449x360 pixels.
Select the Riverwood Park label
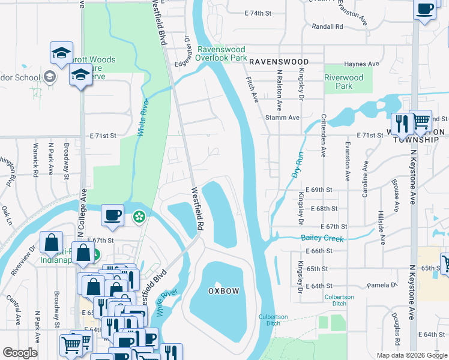(343, 82)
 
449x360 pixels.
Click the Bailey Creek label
(322, 239)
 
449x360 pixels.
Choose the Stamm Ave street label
(282, 118)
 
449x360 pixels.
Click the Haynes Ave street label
(361, 64)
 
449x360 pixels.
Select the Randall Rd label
(327, 26)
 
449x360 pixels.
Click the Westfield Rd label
(195, 210)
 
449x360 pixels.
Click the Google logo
(20, 353)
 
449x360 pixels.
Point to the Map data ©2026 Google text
(412, 355)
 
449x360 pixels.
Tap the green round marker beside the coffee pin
(139, 216)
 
